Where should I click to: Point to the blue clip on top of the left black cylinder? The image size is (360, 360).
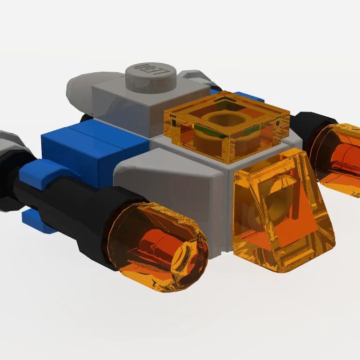tap(40, 171)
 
